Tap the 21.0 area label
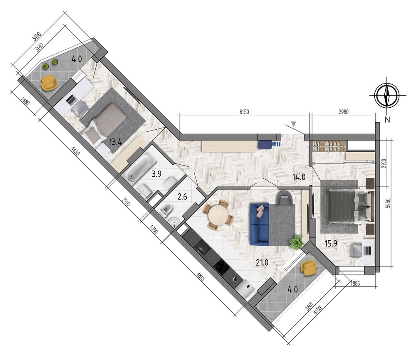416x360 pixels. [262, 262]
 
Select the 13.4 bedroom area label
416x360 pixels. [115, 142]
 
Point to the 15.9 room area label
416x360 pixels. [331, 243]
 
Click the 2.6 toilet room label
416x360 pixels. [182, 197]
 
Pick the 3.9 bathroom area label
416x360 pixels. [156, 174]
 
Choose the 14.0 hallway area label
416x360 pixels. [299, 177]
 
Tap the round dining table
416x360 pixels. [218, 215]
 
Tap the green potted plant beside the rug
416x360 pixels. [297, 242]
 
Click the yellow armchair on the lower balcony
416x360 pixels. [309, 268]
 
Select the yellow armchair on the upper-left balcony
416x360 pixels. [49, 82]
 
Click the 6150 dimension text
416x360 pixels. [244, 112]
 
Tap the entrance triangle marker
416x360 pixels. [293, 123]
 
